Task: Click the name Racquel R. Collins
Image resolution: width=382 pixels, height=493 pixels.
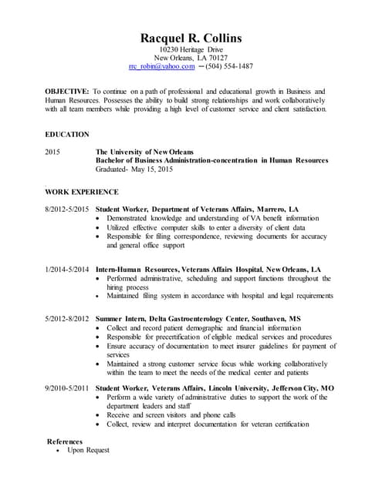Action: coord(191,38)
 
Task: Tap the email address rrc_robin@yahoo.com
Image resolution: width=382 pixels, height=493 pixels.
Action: coord(161,67)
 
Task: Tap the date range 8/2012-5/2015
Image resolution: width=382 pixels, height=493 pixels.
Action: coord(67,210)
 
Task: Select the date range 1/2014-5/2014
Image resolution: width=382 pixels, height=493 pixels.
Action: coord(67,268)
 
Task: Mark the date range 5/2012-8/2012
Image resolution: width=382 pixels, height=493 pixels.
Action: coord(67,318)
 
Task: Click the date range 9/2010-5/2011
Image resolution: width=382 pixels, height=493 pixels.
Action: coord(67,387)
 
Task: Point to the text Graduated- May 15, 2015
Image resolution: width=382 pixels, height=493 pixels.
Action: coord(134,169)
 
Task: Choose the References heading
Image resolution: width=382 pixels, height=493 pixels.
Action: coord(65,441)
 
